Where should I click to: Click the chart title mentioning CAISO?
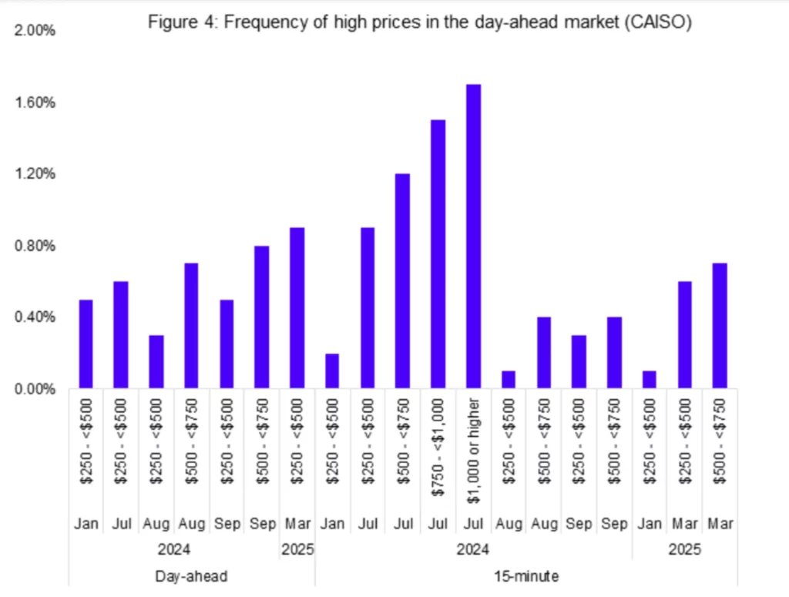pos(419,24)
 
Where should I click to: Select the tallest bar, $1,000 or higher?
pos(473,236)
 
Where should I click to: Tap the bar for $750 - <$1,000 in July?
pos(438,253)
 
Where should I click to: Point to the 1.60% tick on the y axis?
pos(35,102)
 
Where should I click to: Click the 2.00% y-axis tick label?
pos(35,31)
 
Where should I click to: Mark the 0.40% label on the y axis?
pos(35,317)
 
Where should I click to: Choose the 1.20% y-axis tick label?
pos(35,174)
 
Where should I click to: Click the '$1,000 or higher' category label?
pos(473,451)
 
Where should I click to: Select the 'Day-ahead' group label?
pos(191,575)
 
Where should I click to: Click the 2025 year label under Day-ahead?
pos(297,551)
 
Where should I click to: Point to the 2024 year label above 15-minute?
pos(473,551)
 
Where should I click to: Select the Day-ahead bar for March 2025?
pos(297,307)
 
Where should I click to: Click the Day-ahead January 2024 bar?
pos(86,344)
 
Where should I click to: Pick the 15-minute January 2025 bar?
pos(649,379)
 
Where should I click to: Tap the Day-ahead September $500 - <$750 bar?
pos(261,317)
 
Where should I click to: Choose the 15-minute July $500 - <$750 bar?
pos(402,280)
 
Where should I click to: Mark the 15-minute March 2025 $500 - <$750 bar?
pos(719,325)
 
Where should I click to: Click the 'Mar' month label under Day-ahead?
pos(297,524)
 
